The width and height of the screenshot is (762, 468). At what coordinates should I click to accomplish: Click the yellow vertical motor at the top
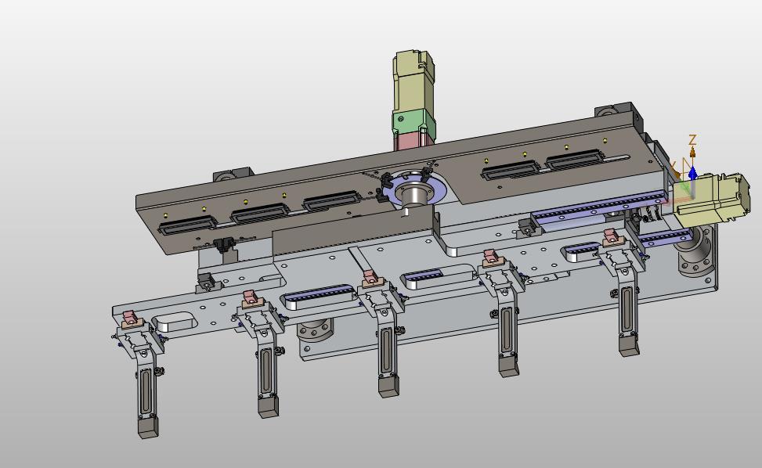413,81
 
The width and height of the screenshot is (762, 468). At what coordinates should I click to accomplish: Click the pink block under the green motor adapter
410,140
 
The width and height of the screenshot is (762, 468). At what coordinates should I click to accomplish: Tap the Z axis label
692,140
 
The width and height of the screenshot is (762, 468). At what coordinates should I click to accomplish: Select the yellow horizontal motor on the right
712,199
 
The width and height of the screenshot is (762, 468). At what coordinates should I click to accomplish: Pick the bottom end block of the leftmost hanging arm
148,428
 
